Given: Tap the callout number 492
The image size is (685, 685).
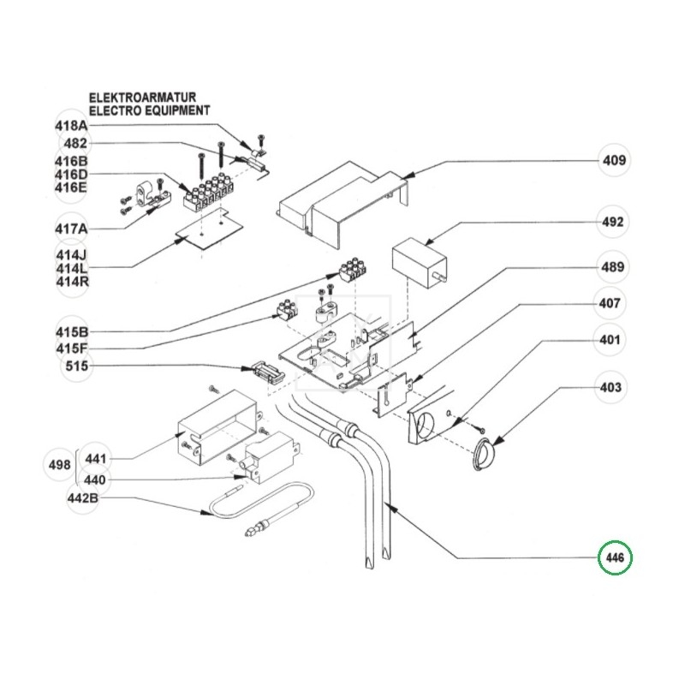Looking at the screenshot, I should pyautogui.click(x=613, y=222).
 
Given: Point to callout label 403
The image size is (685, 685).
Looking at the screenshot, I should pyautogui.click(x=611, y=388).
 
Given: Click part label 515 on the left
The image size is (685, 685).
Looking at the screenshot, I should pyautogui.click(x=69, y=366).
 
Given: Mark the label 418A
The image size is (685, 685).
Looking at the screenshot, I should pyautogui.click(x=71, y=126).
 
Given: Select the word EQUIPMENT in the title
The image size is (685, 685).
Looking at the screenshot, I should pyautogui.click(x=175, y=110).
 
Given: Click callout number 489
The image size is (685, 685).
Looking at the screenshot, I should pyautogui.click(x=613, y=268).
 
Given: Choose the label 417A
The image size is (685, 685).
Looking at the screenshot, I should pyautogui.click(x=71, y=230).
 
